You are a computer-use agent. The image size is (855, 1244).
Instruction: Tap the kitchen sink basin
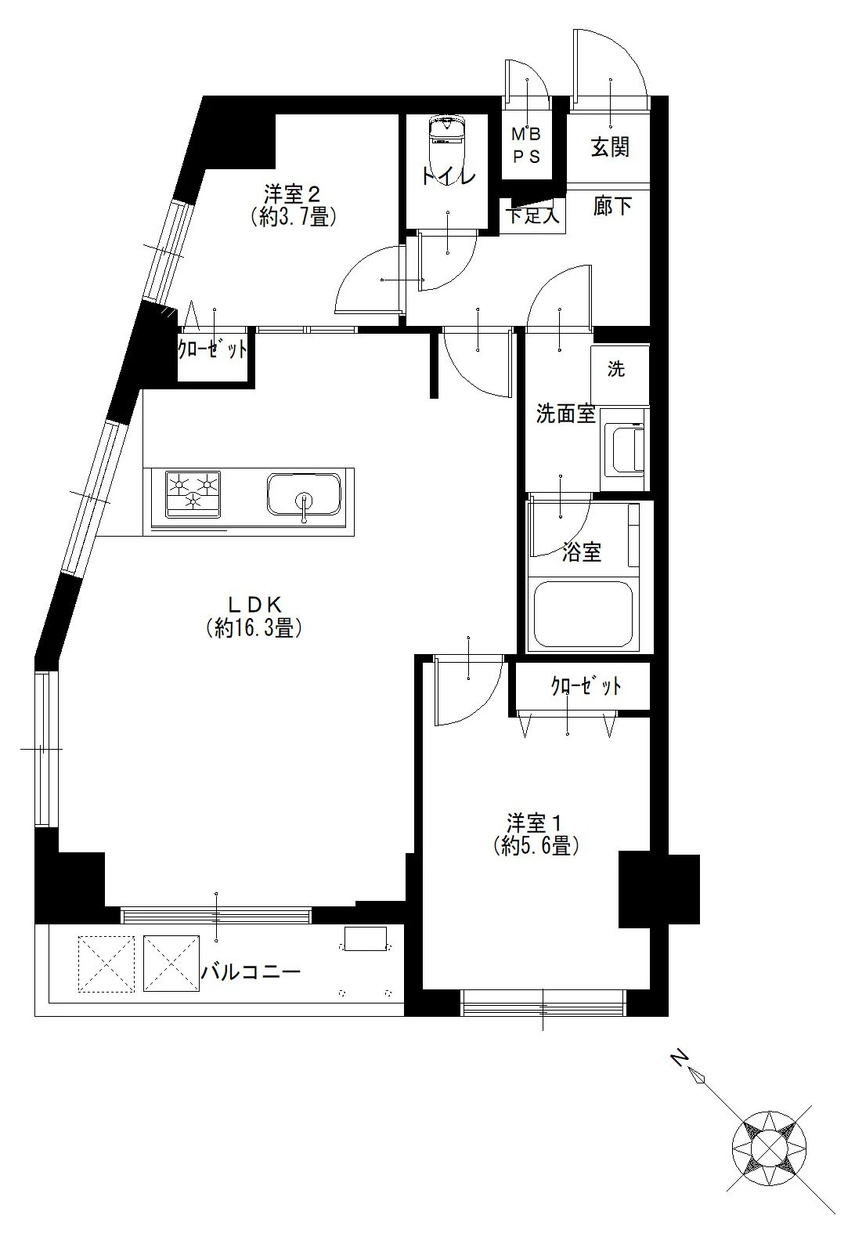pos(304,494)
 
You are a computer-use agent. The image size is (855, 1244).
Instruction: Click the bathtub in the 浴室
pos(583,615)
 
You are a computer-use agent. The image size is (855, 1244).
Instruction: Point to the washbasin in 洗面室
pos(627,450)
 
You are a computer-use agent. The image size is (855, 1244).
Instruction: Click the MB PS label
pos(526,146)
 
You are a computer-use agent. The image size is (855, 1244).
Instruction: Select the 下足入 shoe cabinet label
pos(532,215)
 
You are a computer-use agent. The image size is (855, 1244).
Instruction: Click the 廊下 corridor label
pos(612,206)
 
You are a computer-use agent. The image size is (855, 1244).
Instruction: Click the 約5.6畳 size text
pos(536,846)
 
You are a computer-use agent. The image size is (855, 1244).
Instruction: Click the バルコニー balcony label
pos(251,972)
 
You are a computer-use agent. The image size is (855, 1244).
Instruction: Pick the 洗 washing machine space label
pos(616,369)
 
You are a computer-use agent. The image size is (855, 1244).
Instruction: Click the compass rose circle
pos(770,1148)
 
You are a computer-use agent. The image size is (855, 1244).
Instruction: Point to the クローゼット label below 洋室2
pos(212,349)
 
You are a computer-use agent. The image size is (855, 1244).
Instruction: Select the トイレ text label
pos(448,176)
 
